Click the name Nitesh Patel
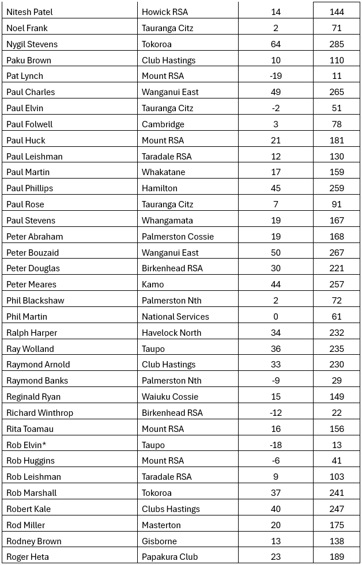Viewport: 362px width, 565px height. pos(29,12)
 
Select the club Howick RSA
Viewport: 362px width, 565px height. pos(165,12)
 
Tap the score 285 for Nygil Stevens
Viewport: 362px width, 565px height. pos(337,44)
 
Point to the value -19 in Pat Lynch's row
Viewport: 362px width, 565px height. pos(276,76)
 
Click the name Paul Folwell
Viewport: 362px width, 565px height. pos(29,124)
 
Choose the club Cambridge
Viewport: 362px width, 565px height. pos(163,124)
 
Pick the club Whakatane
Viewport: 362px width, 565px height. pos(163,172)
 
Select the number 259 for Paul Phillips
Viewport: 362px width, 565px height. pos(337,188)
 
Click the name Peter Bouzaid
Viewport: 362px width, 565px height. pos(32,252)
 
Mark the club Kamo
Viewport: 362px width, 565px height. pos(153,284)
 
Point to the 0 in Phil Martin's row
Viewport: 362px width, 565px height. pos(276,316)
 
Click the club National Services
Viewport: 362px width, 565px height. pos(175,316)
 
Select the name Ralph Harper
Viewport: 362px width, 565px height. pos(32,332)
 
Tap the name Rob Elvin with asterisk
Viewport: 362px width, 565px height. pos(27,445)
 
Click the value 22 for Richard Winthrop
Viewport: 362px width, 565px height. pos(337,412)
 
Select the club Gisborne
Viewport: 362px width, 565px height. pos(159,541)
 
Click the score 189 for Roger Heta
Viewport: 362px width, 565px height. pos(337,556)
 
